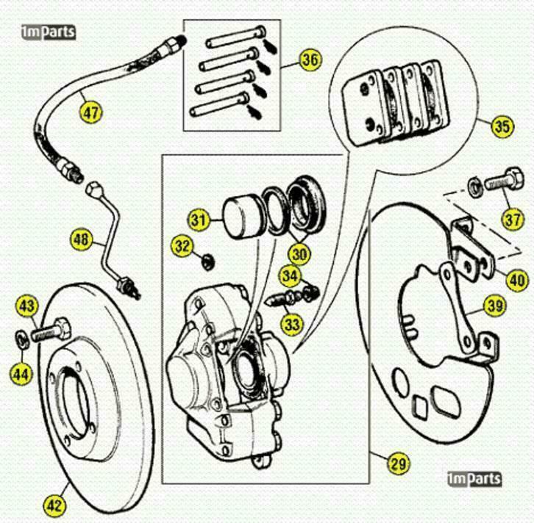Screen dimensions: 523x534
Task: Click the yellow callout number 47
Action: (x=92, y=112)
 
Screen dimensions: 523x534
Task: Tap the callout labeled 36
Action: (x=310, y=61)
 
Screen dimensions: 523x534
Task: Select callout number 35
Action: (x=502, y=126)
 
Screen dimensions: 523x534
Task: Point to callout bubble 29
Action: (x=398, y=464)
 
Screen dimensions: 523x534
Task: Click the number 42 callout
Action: (x=55, y=505)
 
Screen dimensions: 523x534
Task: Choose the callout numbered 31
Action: (x=197, y=219)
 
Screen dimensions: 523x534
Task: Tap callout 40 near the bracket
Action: (x=517, y=278)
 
